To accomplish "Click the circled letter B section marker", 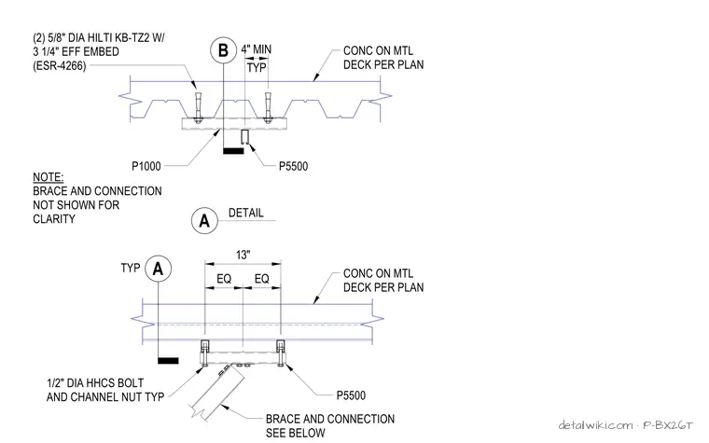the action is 223,50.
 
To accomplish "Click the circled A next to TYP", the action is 158,269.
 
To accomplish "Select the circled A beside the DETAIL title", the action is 204,221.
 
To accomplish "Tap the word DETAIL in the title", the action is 245,213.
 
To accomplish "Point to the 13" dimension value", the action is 243,255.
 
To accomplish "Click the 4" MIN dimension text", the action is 257,49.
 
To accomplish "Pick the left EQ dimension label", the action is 224,279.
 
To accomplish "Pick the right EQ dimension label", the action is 262,279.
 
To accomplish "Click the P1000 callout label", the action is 146,166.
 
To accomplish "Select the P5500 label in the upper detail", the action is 293,166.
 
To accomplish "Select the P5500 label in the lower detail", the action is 351,395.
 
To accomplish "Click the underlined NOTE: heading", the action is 48,177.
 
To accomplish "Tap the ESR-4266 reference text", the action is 59,66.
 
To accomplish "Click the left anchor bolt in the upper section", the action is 198,107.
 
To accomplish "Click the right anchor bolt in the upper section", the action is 268,107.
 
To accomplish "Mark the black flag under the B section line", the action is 233,150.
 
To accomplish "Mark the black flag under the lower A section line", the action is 168,360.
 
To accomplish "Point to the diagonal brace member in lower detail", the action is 216,391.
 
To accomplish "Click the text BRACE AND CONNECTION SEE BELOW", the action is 330,426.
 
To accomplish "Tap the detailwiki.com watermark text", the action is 595,425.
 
